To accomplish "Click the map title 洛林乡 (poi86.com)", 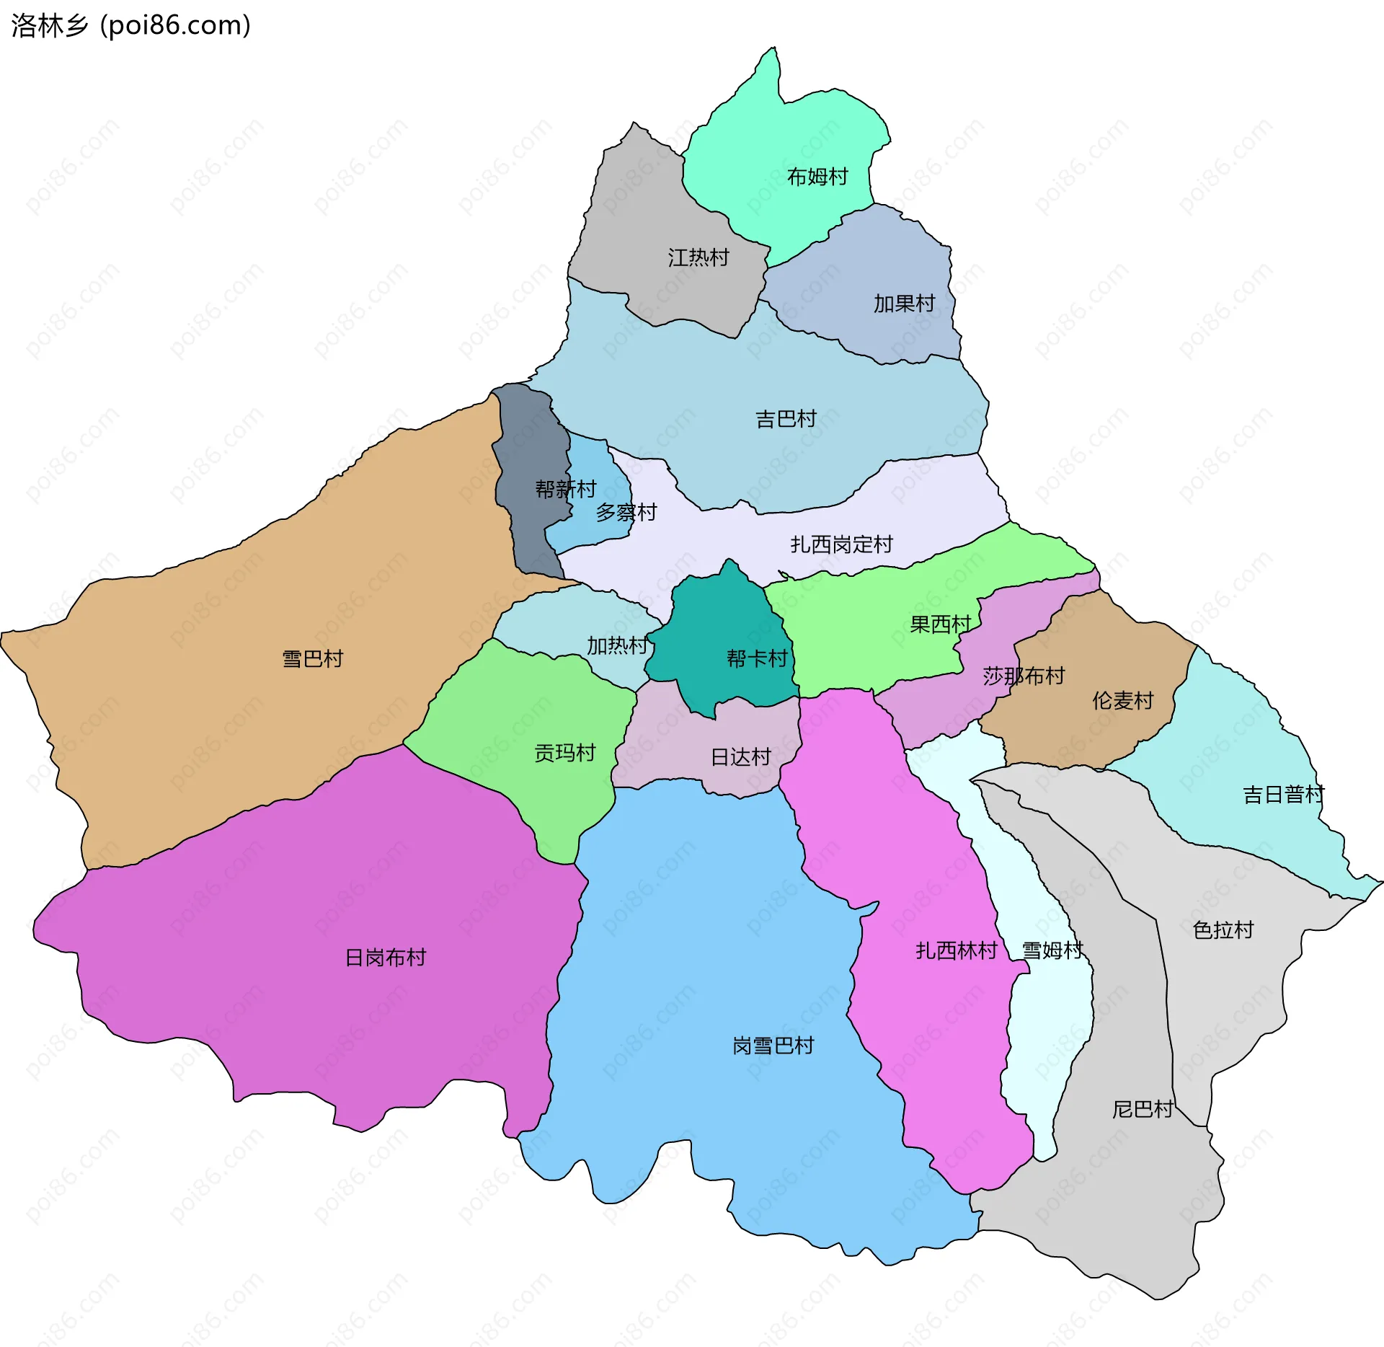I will (130, 26).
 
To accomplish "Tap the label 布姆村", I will (817, 177).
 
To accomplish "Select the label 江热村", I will (698, 257).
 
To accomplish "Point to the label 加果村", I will (904, 304).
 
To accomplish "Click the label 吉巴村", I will (786, 419).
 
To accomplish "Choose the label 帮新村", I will (565, 490).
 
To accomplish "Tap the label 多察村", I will (626, 513).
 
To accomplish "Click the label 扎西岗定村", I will (841, 544).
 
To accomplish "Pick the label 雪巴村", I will (312, 659).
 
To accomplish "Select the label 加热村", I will (617, 645).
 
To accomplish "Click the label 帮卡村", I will (757, 658).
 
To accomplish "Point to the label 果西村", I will (940, 624).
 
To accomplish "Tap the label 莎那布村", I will (1024, 676).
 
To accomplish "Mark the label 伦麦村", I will (1122, 700).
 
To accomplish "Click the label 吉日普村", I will (1283, 795).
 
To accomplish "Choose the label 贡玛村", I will (564, 753).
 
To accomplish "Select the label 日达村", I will (741, 757).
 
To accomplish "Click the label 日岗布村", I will (385, 958).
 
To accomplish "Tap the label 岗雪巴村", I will (773, 1046).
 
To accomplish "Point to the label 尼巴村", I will (1143, 1109).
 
